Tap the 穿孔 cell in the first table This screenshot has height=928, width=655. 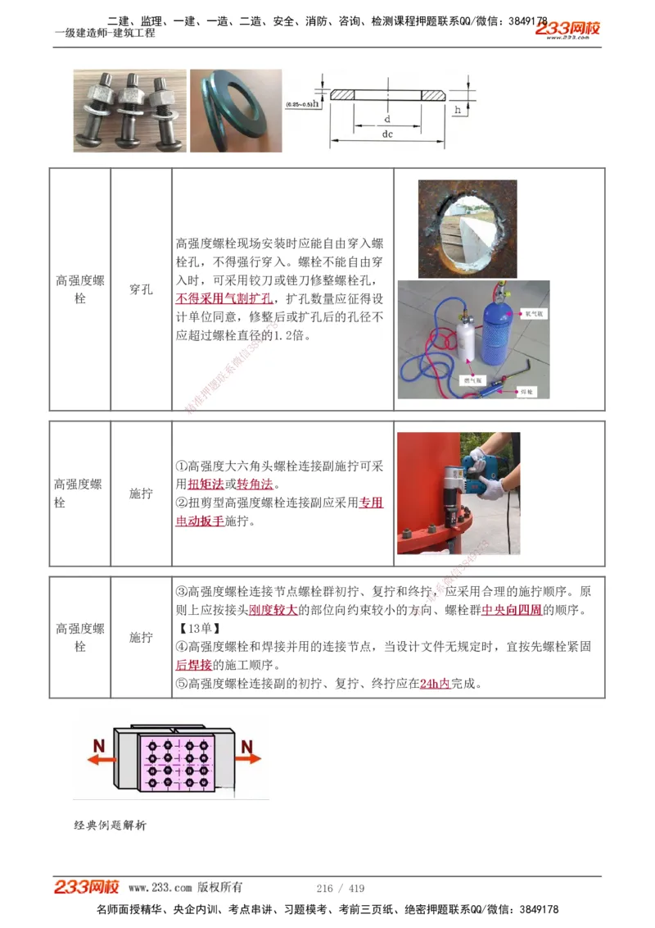click(141, 289)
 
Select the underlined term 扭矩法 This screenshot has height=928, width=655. click(206, 484)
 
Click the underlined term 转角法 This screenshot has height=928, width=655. click(255, 484)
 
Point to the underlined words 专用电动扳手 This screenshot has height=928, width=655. click(279, 512)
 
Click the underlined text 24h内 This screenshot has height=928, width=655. click(435, 683)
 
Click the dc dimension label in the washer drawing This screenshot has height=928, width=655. click(387, 133)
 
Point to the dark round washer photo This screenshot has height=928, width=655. click(236, 111)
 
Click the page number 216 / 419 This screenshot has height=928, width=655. click(340, 889)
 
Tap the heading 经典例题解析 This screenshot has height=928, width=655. click(110, 825)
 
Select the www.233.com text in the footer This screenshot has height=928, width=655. click(160, 888)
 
